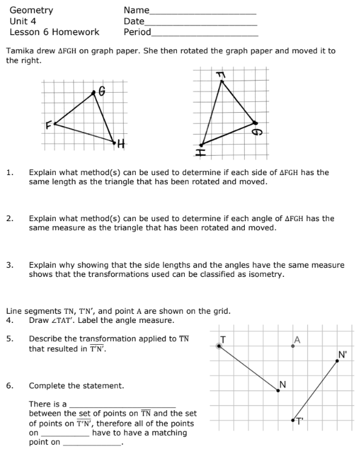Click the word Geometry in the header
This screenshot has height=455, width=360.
coord(32,10)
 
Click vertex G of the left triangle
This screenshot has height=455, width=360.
coord(94,93)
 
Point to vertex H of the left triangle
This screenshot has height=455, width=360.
coord(115,142)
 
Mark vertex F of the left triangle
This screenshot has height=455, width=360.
coord(55,124)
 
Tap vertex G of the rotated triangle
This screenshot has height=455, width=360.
coord(255,123)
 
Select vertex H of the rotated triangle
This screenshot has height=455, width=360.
coord(201,145)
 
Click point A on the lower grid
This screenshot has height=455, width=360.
coord(293,345)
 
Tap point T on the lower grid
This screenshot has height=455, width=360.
coord(219,345)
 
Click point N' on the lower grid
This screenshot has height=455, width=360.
coord(338,361)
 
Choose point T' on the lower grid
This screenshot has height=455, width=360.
coord(293,419)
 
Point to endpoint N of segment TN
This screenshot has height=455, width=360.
coord(278,390)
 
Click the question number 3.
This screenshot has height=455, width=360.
coord(10,265)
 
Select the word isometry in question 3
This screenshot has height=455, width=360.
coord(264,274)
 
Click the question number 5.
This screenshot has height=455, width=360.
coord(10,339)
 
